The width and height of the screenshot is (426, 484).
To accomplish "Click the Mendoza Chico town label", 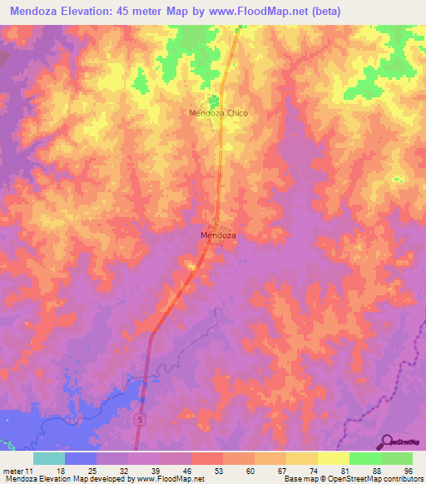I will tap(219, 112).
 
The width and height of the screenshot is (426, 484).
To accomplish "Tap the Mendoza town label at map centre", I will tap(219, 235).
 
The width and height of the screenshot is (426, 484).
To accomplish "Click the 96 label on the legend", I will tap(407, 469).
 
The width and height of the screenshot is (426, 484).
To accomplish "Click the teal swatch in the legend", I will tap(48, 458).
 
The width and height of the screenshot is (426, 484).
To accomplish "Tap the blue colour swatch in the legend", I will tap(80, 458).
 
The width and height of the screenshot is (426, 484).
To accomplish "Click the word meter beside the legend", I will tap(13, 469).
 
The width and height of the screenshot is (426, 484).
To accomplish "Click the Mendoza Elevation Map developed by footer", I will tap(58, 478).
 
